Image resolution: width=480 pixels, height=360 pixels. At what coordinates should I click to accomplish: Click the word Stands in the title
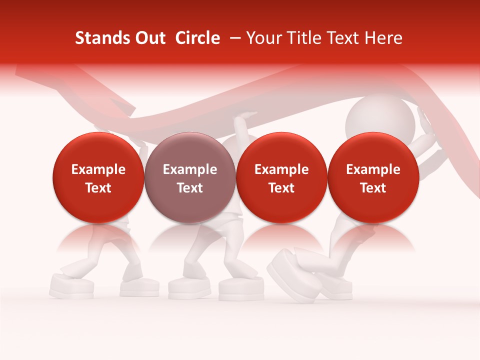pos(99,38)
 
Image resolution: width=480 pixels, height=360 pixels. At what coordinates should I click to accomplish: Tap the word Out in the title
pos(149,38)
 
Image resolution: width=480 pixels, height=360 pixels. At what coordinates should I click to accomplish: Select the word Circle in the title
pos(197,38)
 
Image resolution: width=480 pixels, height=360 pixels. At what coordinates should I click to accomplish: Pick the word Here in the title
pos(383,38)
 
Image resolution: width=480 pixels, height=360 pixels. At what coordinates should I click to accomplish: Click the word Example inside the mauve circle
pos(190,169)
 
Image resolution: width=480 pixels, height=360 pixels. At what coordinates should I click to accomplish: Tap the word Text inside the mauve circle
pos(190,188)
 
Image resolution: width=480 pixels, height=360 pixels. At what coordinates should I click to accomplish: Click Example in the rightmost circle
pos(373,169)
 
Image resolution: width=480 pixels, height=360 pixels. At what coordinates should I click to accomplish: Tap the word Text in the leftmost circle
pos(98,188)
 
